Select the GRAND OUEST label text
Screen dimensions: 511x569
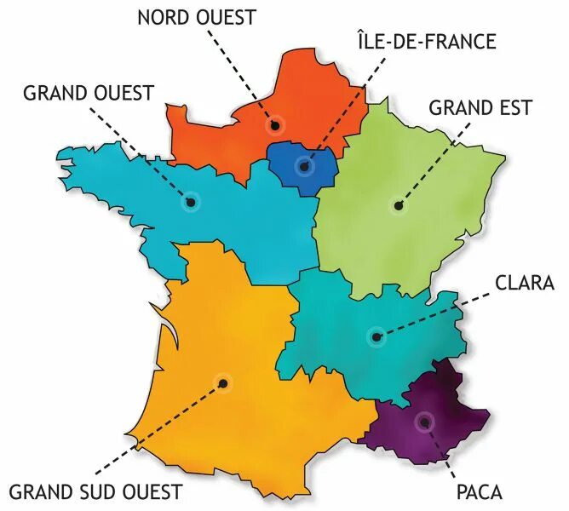(x=89, y=91)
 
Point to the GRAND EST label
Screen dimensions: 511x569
(x=480, y=108)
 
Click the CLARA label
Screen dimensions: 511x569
(x=525, y=283)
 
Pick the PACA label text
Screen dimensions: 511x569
(x=479, y=491)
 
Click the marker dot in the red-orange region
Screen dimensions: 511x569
(x=275, y=125)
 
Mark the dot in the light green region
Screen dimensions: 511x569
(x=398, y=204)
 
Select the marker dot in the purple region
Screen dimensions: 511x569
(x=423, y=421)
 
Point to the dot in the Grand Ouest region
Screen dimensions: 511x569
(x=190, y=203)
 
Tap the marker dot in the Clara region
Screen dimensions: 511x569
(x=376, y=336)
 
